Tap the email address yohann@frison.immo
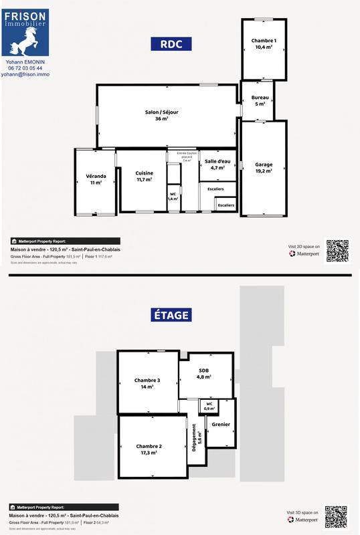tap(25, 75)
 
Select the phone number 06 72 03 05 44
tap(25, 68)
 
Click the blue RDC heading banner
tap(171, 44)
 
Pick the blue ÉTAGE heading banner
tap(171, 314)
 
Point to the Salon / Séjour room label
tap(162, 115)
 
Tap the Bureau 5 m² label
tap(260, 101)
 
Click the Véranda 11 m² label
tap(96, 179)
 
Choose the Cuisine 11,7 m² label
tap(144, 177)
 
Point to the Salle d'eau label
tap(217, 165)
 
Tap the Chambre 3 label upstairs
tap(146, 383)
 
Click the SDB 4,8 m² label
tap(204, 373)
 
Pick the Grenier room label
tap(220, 424)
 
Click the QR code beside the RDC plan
tap(337, 250)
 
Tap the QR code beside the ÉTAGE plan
tap(336, 517)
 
